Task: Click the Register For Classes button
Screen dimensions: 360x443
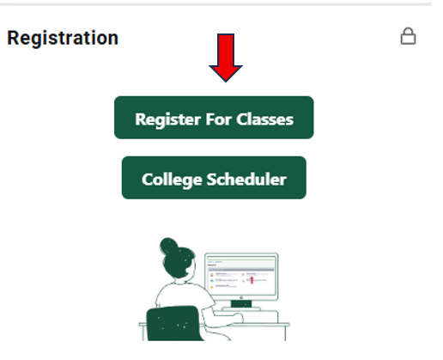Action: pyautogui.click(x=214, y=118)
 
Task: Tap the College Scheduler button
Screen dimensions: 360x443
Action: pyautogui.click(x=214, y=178)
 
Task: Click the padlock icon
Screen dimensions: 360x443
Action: pyautogui.click(x=409, y=37)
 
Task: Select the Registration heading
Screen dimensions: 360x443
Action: pyautogui.click(x=63, y=39)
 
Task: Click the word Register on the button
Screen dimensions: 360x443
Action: pyautogui.click(x=167, y=119)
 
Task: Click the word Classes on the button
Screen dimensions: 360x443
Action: pyautogui.click(x=265, y=119)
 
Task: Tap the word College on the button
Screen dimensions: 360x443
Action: pyautogui.click(x=170, y=179)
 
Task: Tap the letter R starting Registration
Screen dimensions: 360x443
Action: pyautogui.click(x=13, y=39)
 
